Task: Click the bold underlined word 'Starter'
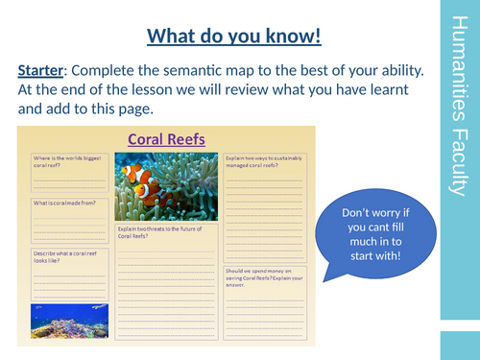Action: coord(46,70)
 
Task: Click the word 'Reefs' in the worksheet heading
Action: coord(189,139)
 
